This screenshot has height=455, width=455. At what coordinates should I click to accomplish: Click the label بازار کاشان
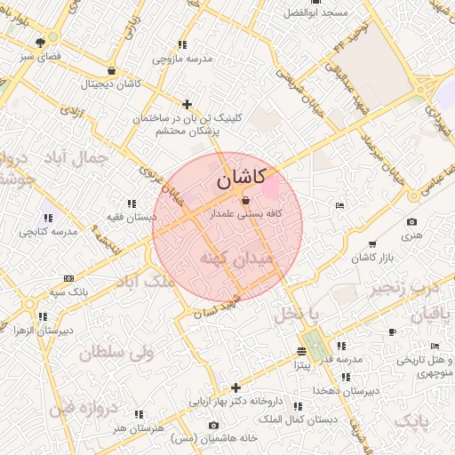pos(371,257)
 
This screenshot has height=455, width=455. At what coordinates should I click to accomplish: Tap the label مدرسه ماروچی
pos(182,59)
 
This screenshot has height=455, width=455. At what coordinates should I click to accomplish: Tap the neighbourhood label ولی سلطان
pos(116,353)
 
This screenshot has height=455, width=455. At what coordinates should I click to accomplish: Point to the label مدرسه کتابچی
pos(49,231)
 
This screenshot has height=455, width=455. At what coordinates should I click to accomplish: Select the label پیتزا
pos(302,363)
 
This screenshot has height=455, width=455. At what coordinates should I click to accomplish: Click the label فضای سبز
pos(40,55)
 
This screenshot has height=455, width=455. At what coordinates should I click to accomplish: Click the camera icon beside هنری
pos(411,221)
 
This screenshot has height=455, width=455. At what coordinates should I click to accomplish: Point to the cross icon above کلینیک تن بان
pos(187,104)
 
